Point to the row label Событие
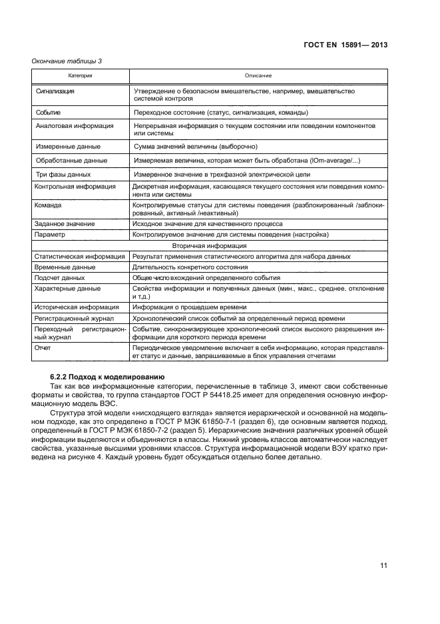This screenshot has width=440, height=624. click(51, 112)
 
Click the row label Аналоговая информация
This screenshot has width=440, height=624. click(74, 125)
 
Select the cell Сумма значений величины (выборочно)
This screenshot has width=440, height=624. click(195, 146)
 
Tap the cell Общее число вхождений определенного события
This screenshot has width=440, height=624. click(206, 277)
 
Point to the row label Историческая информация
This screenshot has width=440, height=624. click(76, 307)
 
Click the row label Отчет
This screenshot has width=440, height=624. click(43, 348)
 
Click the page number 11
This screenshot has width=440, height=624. click(383, 565)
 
